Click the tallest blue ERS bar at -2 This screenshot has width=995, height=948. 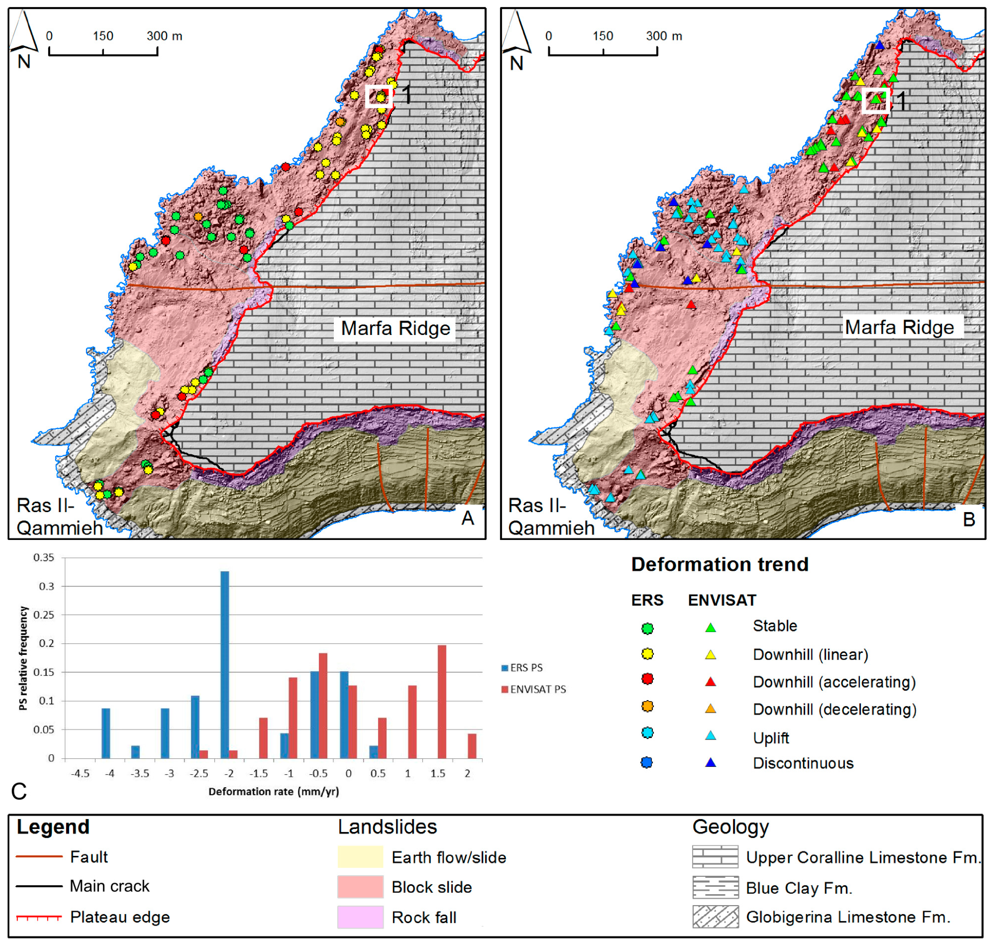pos(225,664)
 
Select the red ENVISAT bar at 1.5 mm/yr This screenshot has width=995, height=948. pos(441,701)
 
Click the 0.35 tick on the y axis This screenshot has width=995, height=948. pos(44,557)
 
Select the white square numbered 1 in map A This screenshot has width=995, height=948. pos(379,96)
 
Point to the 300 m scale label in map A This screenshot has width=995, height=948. pos(164,36)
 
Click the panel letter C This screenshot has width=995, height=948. pos(19,791)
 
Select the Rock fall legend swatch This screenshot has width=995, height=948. pos(360,917)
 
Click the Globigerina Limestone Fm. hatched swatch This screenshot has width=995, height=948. pos(715,917)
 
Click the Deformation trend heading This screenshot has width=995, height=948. pos(719,564)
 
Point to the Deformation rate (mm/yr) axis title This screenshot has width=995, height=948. pos(274,791)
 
